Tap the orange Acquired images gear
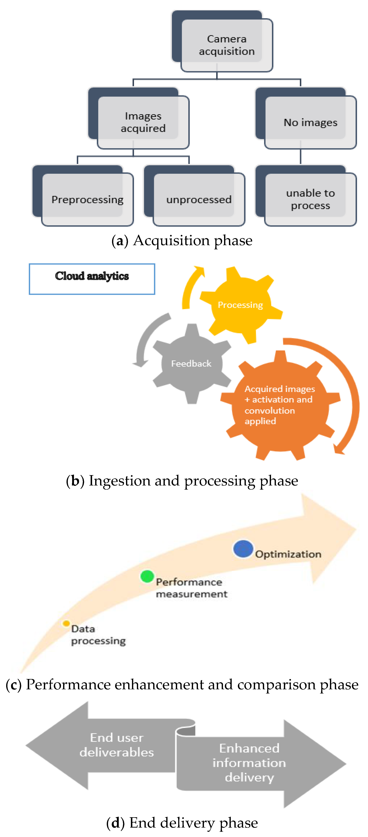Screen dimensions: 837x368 280,404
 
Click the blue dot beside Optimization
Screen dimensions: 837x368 243,549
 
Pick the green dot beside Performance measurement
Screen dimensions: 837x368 147,576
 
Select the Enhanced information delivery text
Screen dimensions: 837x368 249,762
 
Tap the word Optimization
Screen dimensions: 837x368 288,554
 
